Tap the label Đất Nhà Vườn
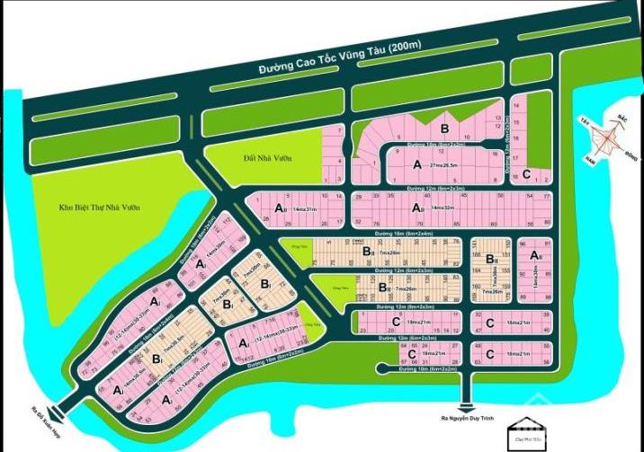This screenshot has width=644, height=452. pos(268,158)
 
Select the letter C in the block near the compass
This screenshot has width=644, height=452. pos(526,174)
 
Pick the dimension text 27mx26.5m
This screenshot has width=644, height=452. pos(450,167)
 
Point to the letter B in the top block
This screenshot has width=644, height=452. pos(443,129)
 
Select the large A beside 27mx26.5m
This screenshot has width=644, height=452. pos(416,165)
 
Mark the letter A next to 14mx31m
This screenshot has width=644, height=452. pos(278,208)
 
